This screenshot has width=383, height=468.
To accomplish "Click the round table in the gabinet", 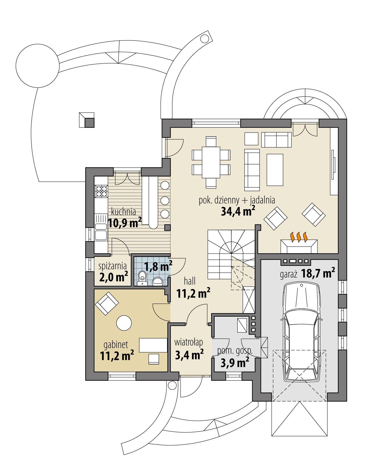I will pyautogui.click(x=124, y=323).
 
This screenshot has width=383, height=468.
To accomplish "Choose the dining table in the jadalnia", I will pyautogui.click(x=211, y=162).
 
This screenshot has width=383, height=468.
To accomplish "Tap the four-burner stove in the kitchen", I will pyautogui.click(x=101, y=191).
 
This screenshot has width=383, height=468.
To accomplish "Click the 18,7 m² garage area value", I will pyautogui.click(x=318, y=274).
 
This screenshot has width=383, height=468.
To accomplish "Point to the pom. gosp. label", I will pyautogui.click(x=235, y=351).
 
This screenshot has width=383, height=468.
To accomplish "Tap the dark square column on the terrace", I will pyautogui.click(x=89, y=123).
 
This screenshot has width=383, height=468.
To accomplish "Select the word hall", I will pyautogui.click(x=190, y=281).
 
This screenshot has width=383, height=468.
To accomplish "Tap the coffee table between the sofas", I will pyautogui.click(x=275, y=170).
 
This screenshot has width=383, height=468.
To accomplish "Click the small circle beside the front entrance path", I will pyautogui.click(x=172, y=385).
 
